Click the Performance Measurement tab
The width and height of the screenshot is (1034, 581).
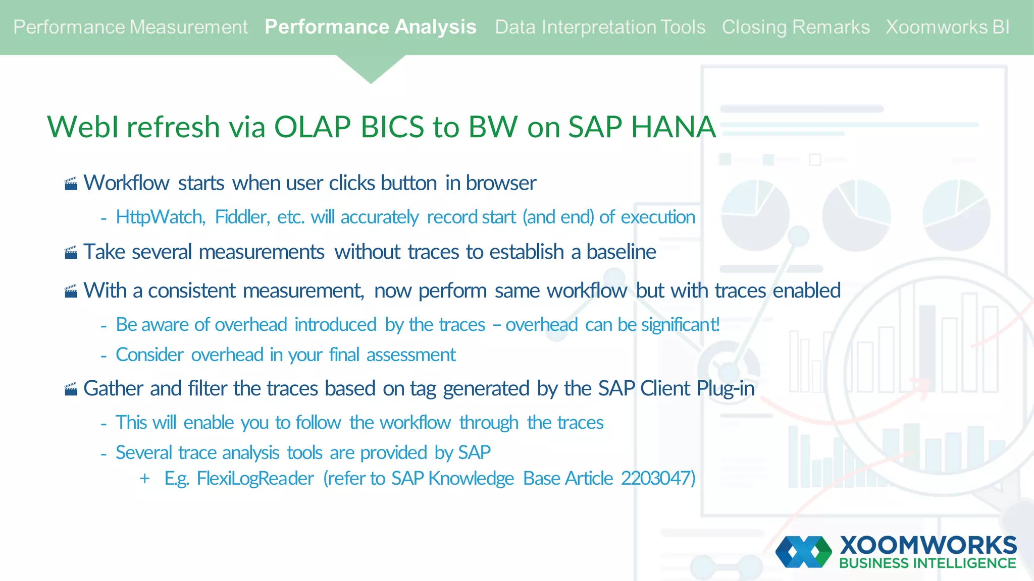click(130, 27)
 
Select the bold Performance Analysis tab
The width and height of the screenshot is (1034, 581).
click(370, 27)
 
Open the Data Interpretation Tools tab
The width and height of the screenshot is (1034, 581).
click(600, 27)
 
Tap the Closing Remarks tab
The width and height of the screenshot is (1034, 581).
click(795, 27)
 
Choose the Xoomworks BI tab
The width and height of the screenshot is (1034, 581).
click(947, 27)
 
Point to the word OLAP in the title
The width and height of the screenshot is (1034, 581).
click(312, 127)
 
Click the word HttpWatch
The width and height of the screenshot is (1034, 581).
click(160, 217)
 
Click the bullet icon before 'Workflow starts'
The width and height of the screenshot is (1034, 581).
click(71, 184)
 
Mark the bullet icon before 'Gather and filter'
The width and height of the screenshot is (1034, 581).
click(71, 389)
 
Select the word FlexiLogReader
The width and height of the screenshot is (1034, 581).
click(255, 478)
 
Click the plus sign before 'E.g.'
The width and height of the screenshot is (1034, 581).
click(145, 478)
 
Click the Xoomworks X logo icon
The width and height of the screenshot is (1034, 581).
click(803, 552)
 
